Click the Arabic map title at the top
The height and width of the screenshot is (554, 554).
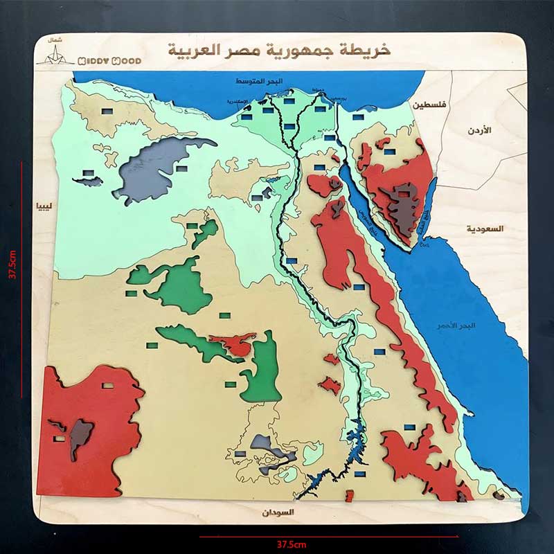tap(279, 50)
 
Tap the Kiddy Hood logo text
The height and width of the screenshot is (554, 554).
tap(109, 61)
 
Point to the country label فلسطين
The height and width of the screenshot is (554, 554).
tap(429, 105)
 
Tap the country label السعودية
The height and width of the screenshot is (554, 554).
tap(485, 229)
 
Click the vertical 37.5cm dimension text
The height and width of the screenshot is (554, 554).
tap(12, 263)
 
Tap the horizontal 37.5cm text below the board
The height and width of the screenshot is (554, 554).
tap(291, 544)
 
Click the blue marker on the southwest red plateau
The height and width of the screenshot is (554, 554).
tap(107, 386)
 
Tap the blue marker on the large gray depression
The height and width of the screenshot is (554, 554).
tap(181, 168)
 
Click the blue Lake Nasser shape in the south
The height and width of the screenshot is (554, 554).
tap(353, 443)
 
